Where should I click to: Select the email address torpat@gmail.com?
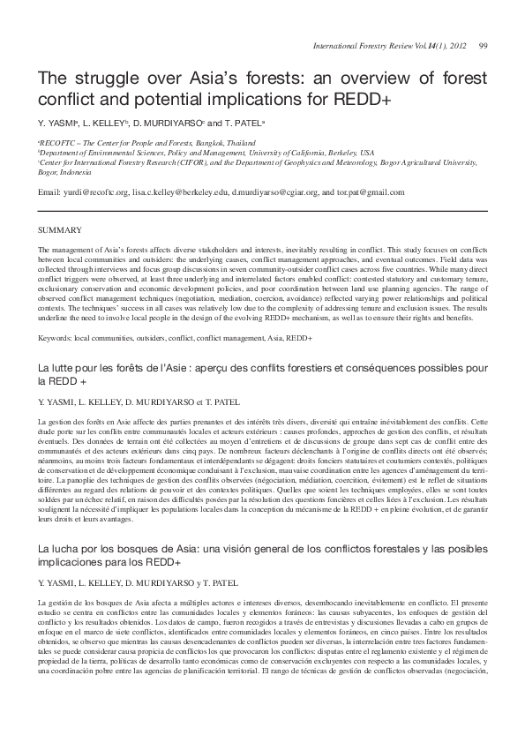coord(374,191)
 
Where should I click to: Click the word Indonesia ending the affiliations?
coord(76,171)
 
